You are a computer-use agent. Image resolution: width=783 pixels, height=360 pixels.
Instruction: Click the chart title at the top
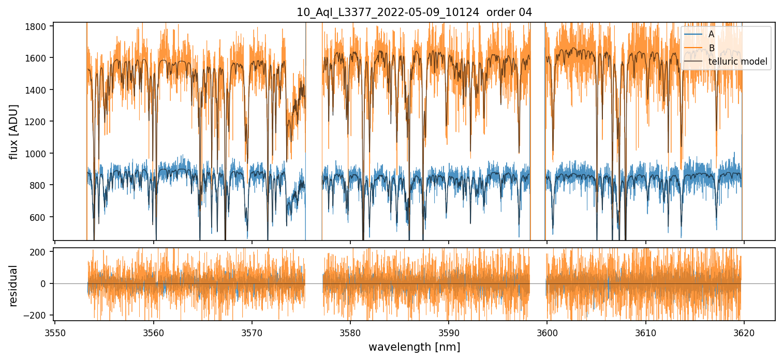click(x=414, y=12)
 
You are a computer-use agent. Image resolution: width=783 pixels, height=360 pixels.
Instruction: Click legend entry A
click(x=711, y=34)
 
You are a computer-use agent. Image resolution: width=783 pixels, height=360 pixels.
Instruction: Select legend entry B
click(x=711, y=48)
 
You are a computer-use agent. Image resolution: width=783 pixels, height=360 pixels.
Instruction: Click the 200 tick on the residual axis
click(x=41, y=252)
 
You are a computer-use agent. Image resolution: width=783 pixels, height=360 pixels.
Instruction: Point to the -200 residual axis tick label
click(x=39, y=316)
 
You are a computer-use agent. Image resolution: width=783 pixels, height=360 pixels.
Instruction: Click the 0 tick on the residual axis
click(x=46, y=284)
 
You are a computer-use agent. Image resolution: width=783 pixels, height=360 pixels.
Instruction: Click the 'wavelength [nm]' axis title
click(x=414, y=347)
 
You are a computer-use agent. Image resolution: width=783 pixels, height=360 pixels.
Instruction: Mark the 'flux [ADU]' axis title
click(x=14, y=131)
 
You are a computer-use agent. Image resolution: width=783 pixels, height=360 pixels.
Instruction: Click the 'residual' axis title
click(x=14, y=286)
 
